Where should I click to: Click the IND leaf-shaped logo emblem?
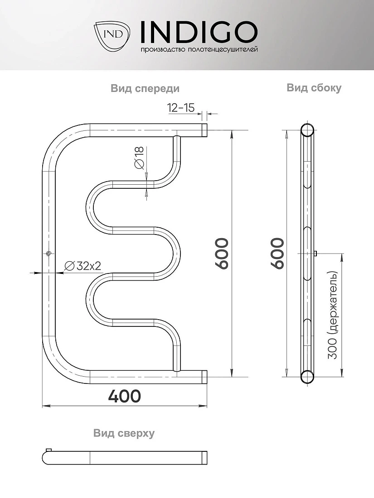click(112, 36)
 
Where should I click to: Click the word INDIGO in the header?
click(199, 32)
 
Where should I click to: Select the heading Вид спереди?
click(145, 88)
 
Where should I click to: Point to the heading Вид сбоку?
click(314, 88)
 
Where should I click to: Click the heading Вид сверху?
click(124, 433)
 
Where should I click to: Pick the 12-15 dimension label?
click(181, 108)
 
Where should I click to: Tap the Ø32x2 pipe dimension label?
click(83, 265)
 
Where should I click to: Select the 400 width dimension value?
click(124, 396)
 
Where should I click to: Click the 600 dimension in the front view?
click(221, 254)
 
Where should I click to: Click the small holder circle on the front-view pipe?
click(49, 254)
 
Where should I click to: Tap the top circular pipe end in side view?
click(307, 130)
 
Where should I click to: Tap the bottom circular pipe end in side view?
click(307, 377)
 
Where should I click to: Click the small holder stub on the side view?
click(316, 254)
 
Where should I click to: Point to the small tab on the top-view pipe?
click(49, 450)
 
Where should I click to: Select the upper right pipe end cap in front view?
click(205, 130)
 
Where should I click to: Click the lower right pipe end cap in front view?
click(205, 377)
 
